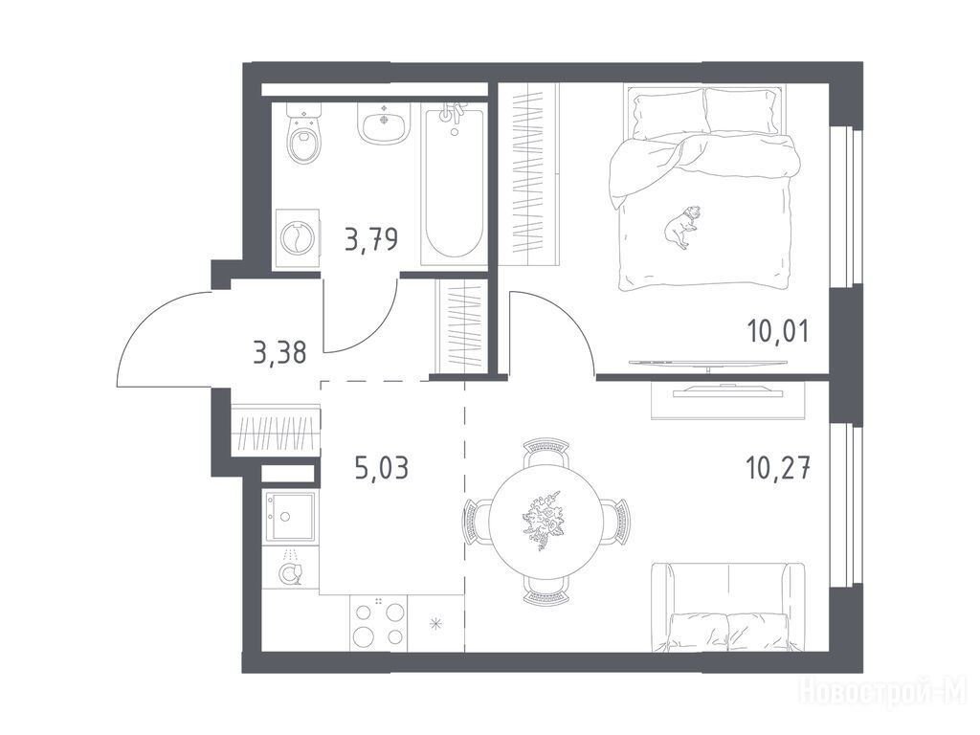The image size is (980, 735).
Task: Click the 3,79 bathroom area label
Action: (371, 238)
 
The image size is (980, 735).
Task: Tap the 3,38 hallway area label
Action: (280, 353)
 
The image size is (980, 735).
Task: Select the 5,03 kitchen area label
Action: (381, 467)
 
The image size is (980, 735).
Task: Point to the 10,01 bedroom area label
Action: (778, 330)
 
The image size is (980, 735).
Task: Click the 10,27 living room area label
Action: (778, 467)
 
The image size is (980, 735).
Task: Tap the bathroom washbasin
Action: (384, 123)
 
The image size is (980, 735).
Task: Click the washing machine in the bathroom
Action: (298, 238)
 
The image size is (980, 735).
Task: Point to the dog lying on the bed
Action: (682, 227)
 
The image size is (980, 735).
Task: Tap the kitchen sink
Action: (289, 517)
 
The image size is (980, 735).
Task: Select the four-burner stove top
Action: (378, 623)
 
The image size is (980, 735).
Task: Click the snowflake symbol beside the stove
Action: (436, 623)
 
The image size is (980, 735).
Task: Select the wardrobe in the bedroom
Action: (528, 175)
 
